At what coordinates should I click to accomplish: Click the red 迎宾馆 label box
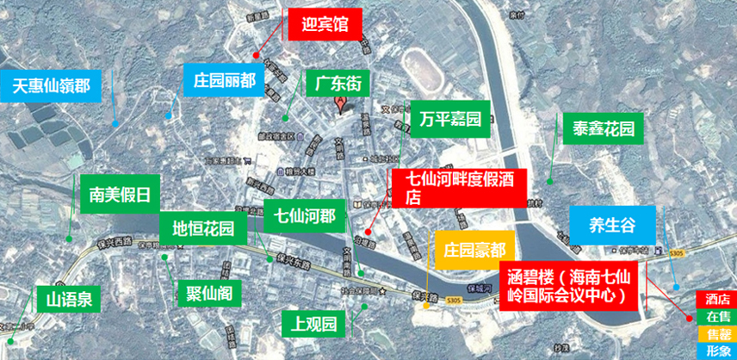pyautogui.click(x=323, y=25)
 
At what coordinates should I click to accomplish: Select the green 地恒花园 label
pyautogui.click(x=203, y=229)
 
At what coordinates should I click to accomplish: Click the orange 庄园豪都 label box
pyautogui.click(x=474, y=248)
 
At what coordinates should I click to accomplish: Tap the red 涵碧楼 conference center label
pyautogui.click(x=570, y=287)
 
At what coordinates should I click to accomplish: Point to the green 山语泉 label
pyautogui.click(x=70, y=301)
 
